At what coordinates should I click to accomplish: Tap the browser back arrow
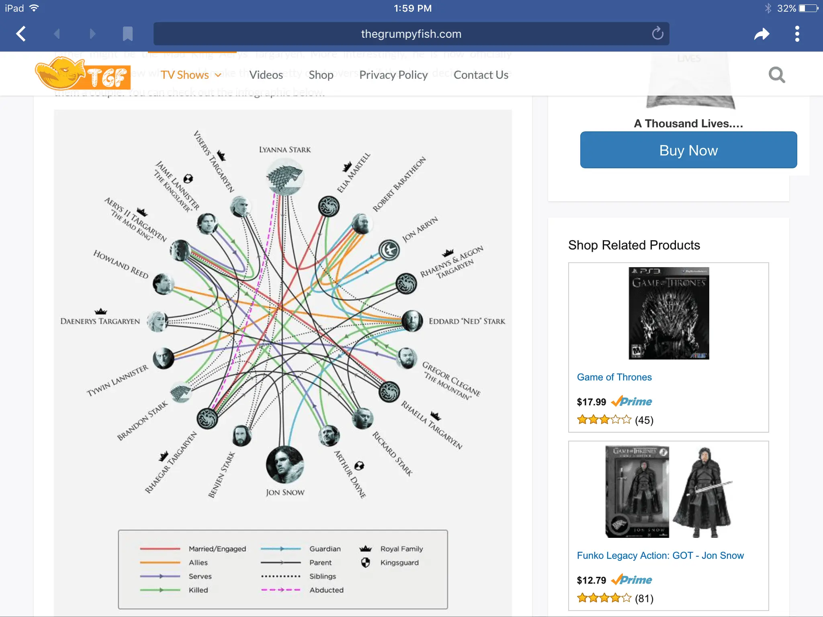(21, 34)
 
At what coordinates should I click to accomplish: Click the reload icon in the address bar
(657, 33)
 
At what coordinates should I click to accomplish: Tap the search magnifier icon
(776, 75)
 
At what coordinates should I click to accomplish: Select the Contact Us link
(481, 75)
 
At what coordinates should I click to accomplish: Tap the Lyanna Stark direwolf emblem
(285, 177)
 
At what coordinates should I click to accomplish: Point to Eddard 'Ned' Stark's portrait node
(412, 321)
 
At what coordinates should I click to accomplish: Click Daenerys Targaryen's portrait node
(157, 321)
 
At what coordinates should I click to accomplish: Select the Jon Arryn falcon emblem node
(389, 250)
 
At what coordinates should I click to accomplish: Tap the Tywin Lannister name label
(117, 380)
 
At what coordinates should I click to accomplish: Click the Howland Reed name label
(121, 264)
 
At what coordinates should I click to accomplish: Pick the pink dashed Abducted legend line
(280, 590)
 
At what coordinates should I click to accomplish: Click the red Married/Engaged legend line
(160, 549)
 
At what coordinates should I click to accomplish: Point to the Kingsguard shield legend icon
(365, 562)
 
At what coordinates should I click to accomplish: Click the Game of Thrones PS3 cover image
(669, 313)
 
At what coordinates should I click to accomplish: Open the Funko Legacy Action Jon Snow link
(660, 556)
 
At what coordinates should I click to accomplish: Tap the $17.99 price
(591, 402)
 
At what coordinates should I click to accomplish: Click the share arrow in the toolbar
(761, 34)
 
